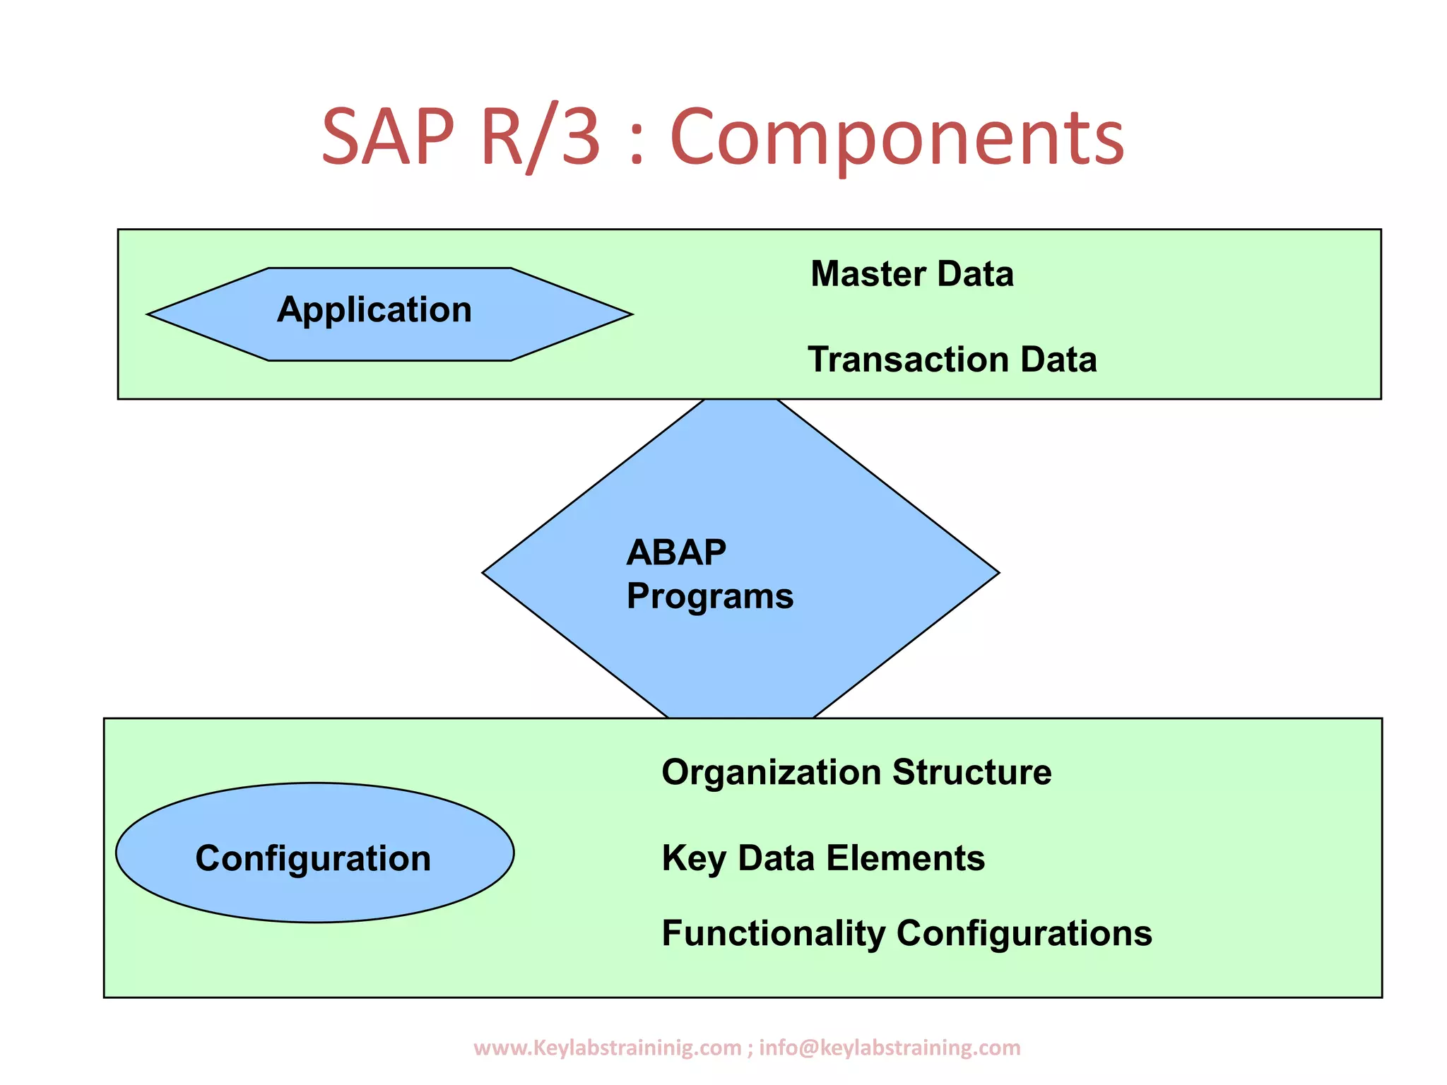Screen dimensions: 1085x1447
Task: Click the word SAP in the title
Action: [x=387, y=137]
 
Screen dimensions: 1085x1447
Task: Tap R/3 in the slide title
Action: [x=541, y=137]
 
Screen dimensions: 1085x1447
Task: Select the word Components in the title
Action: [x=896, y=138]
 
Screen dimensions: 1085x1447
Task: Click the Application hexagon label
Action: [x=374, y=310]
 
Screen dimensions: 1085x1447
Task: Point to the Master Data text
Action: [x=911, y=274]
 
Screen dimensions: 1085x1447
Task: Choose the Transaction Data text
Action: [x=952, y=360]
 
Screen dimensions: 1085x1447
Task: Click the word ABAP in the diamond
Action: [x=676, y=552]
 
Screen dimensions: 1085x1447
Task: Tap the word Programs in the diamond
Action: [x=709, y=596]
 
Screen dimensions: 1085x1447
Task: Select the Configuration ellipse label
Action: [x=313, y=858]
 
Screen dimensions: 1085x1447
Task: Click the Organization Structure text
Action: [x=856, y=772]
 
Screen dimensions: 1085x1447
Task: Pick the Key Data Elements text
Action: [x=822, y=858]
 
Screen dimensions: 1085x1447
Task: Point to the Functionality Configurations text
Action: [x=906, y=933]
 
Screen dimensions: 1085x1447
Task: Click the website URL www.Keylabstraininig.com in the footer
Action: [x=607, y=1047]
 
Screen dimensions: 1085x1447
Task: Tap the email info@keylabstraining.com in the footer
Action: [x=890, y=1047]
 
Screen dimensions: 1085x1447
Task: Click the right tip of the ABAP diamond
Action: [x=997, y=573]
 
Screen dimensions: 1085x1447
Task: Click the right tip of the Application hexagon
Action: [x=630, y=314]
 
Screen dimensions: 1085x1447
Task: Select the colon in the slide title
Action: [x=636, y=145]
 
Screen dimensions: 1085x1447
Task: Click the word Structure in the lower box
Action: [x=971, y=772]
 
